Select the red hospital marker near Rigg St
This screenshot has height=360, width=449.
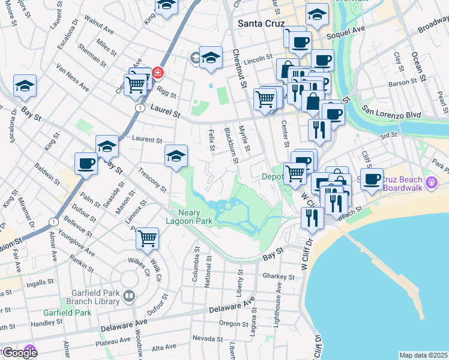157,73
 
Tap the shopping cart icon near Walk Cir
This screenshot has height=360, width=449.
147,238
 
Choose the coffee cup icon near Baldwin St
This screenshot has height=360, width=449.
86,163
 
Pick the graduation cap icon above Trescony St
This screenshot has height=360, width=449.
176,156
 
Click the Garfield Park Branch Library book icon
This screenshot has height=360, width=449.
129,297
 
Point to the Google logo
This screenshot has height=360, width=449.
19,353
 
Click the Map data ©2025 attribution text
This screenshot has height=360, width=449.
423,355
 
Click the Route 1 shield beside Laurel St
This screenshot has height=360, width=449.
139,107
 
